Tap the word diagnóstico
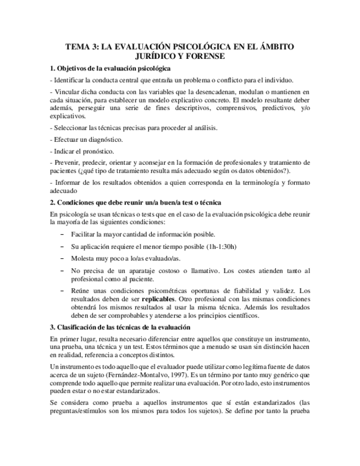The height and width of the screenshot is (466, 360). [103, 139]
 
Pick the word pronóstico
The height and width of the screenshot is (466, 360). [96, 151]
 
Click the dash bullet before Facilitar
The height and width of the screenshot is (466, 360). [61, 235]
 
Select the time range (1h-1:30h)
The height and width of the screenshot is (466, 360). [217, 246]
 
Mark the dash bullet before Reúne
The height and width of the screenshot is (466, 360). [61, 291]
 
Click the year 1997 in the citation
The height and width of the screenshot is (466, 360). [163, 374]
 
